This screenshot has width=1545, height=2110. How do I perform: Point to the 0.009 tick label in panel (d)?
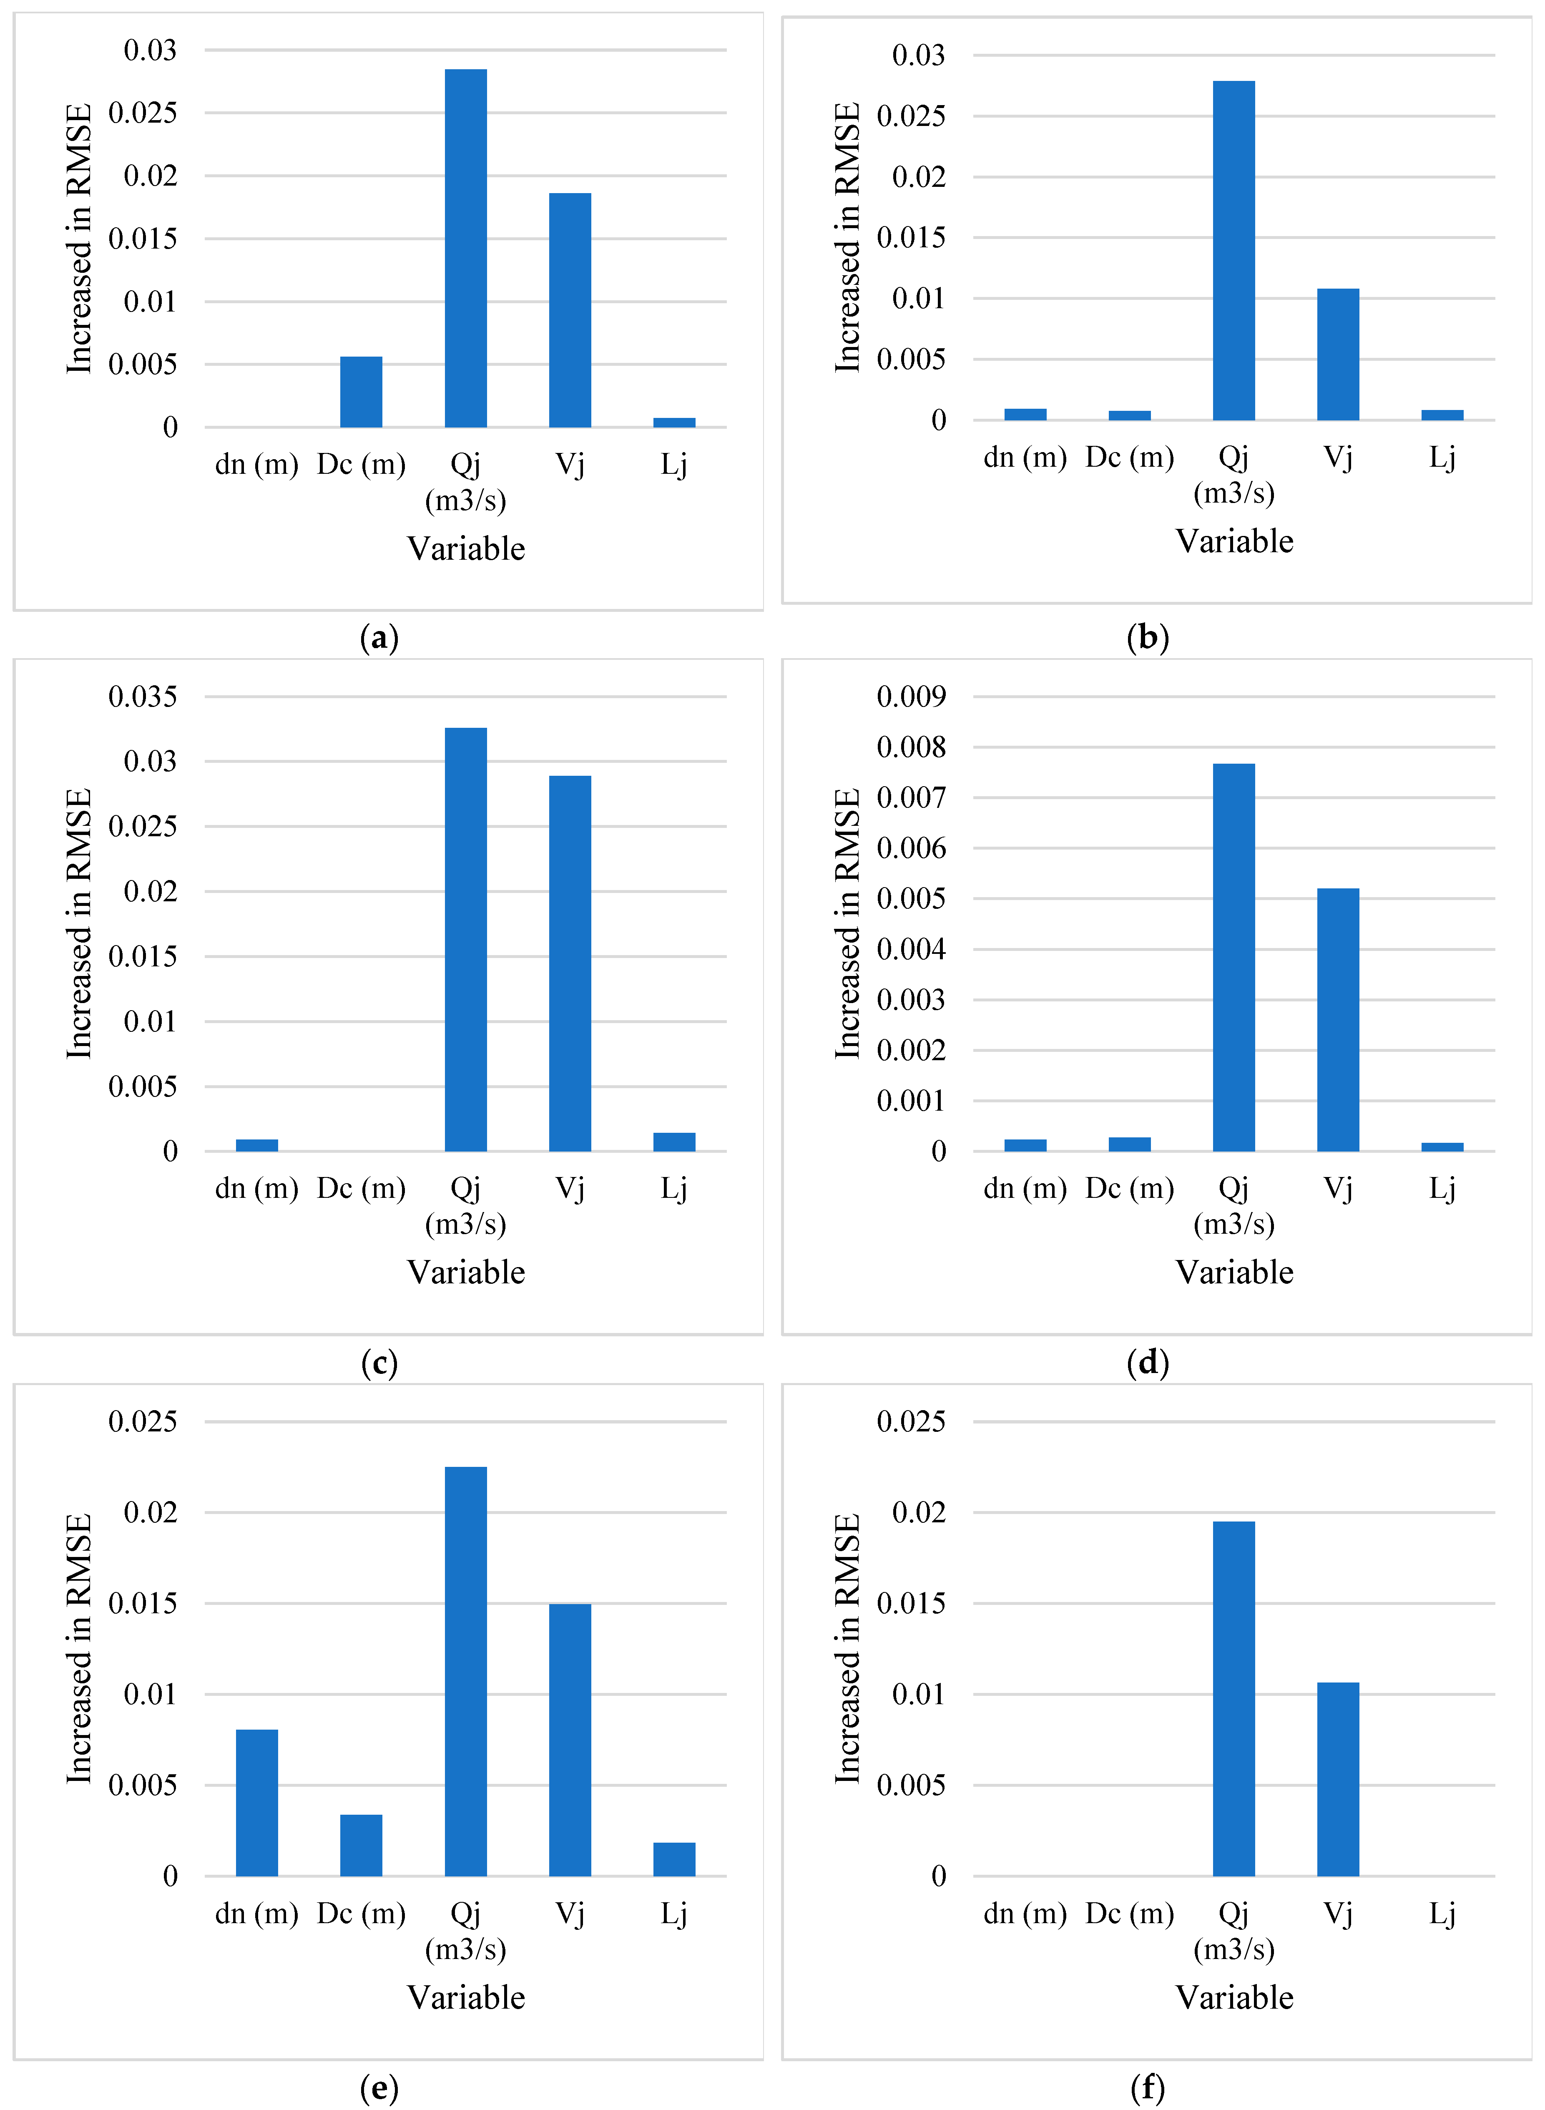pyautogui.click(x=911, y=697)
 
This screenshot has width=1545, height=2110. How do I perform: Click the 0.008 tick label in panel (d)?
pyautogui.click(x=911, y=747)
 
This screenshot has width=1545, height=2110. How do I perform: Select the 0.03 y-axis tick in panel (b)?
pyautogui.click(x=918, y=55)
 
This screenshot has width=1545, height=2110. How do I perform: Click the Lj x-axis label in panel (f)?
pyautogui.click(x=1442, y=1914)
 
